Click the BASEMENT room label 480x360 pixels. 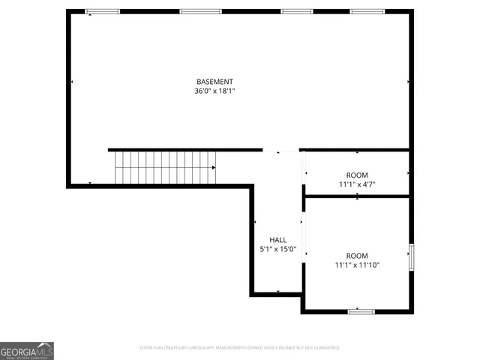click(x=214, y=82)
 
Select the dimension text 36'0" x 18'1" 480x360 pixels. click(x=214, y=91)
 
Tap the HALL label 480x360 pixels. click(x=277, y=240)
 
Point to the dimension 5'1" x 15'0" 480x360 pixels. click(x=277, y=250)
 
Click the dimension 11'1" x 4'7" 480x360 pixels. click(x=357, y=184)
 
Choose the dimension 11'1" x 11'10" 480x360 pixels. click(x=357, y=265)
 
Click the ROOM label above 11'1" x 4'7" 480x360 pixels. click(x=357, y=175)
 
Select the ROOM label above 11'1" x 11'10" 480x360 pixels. click(x=357, y=256)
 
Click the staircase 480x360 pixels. click(x=165, y=166)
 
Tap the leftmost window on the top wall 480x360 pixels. click(x=102, y=11)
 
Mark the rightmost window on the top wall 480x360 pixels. click(x=367, y=11)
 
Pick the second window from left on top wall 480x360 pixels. click(x=200, y=11)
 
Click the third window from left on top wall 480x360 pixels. click(x=297, y=11)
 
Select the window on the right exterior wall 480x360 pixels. click(x=410, y=257)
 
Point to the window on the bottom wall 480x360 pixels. click(x=361, y=310)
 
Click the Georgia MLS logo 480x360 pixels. click(x=27, y=350)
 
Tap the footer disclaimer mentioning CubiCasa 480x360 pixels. click(x=240, y=348)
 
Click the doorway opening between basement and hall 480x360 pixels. click(x=280, y=150)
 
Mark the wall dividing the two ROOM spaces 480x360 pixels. click(x=357, y=196)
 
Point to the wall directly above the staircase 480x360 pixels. click(x=184, y=149)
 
